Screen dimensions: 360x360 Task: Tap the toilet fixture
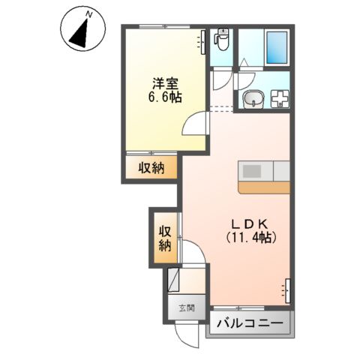click(x=221, y=37)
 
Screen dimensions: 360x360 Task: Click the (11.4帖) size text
click(x=252, y=238)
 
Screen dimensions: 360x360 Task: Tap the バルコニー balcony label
click(x=250, y=325)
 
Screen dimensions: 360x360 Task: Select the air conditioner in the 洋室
click(x=202, y=41)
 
